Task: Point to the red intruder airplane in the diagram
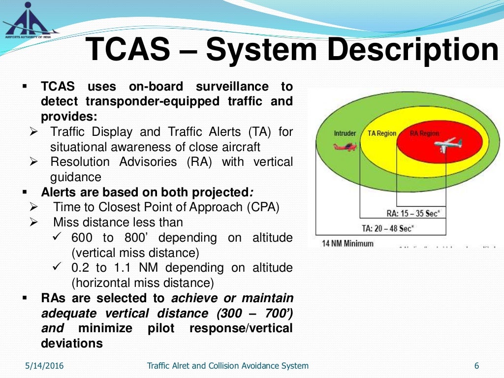point(345,146)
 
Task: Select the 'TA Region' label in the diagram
point(382,133)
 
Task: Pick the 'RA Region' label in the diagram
point(424,133)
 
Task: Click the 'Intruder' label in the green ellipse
point(345,133)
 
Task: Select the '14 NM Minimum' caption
point(347,243)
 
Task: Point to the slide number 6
point(476,366)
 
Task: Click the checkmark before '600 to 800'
point(57,238)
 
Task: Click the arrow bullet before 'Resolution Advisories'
point(34,162)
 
